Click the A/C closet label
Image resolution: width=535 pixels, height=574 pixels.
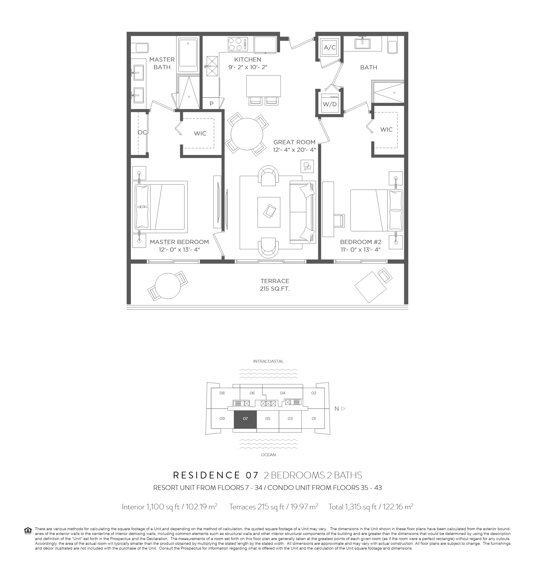(330, 47)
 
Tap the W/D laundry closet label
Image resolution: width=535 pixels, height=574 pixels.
(330, 104)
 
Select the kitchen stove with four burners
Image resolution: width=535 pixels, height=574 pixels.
(238, 44)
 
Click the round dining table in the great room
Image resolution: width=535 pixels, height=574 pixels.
(247, 134)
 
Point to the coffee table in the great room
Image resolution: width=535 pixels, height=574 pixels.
(269, 212)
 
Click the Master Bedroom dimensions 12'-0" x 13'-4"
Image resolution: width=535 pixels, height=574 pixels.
(179, 249)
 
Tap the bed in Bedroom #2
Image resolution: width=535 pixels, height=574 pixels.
(377, 210)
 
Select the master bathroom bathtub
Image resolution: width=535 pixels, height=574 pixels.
(188, 55)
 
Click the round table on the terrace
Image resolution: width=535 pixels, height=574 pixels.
(168, 286)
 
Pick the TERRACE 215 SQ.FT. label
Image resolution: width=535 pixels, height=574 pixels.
(275, 285)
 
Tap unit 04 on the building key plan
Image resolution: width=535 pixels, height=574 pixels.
(283, 393)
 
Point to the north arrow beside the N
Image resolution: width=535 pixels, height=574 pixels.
(343, 408)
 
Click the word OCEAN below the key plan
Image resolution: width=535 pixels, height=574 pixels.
(268, 455)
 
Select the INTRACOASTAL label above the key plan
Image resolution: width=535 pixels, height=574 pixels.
(268, 361)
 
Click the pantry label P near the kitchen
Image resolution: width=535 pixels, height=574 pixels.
(212, 104)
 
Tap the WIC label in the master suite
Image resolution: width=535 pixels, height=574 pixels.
(200, 134)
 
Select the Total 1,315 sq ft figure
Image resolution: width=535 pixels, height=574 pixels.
(371, 507)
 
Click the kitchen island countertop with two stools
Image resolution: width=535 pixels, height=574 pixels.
(263, 86)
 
